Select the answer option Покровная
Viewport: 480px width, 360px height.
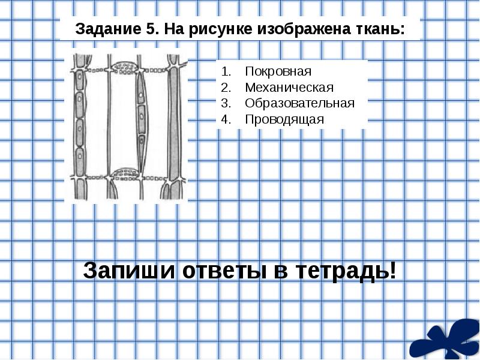click(x=278, y=71)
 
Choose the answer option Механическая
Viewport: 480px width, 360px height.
click(x=289, y=87)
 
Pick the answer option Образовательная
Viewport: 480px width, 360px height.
click(x=299, y=103)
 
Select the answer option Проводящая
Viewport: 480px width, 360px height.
click(x=284, y=118)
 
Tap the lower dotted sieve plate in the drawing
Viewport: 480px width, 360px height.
click(x=126, y=173)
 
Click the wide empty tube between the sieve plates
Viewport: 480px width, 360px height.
click(x=123, y=120)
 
